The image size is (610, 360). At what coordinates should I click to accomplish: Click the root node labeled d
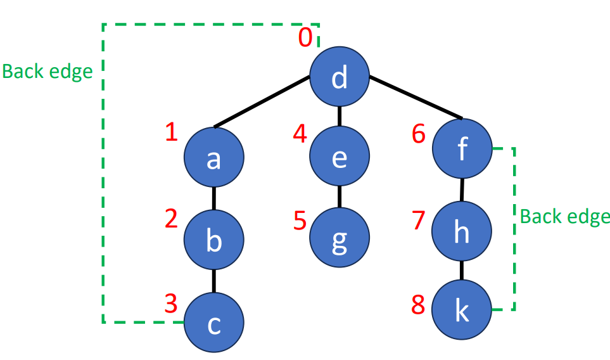click(340, 78)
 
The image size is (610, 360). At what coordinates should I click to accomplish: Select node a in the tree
click(214, 158)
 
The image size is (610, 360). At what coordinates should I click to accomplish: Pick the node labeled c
click(214, 324)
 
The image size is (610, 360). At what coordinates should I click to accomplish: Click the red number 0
click(305, 38)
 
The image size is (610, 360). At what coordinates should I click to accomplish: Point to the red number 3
click(170, 304)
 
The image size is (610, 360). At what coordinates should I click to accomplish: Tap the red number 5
click(300, 222)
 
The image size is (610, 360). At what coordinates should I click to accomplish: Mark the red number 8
click(418, 305)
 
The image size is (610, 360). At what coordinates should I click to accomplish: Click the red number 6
click(419, 134)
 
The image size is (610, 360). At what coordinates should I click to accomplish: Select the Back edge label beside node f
click(564, 217)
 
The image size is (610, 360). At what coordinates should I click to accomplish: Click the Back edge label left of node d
click(48, 71)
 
